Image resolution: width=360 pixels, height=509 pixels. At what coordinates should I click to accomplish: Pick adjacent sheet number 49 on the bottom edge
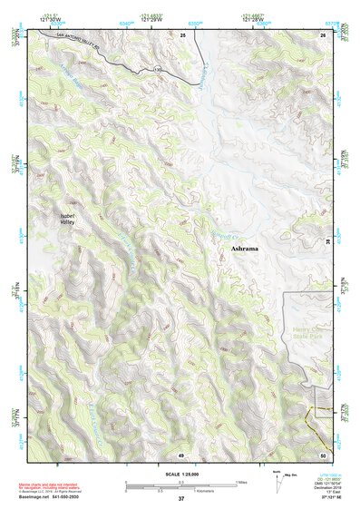(x=181, y=454)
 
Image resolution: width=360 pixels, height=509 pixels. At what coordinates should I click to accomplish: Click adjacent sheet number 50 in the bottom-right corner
(x=322, y=454)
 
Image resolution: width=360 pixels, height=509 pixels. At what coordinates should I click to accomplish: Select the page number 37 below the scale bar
(x=181, y=498)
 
